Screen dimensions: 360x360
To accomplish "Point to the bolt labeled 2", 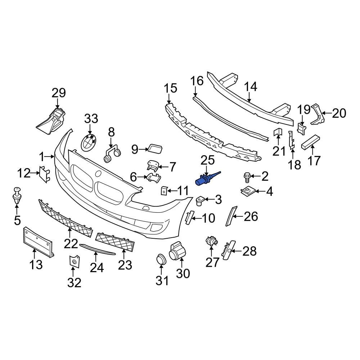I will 247,176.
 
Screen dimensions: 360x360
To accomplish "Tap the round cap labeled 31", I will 160,259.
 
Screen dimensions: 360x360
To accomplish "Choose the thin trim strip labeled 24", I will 96,249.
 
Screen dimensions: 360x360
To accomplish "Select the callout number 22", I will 71,244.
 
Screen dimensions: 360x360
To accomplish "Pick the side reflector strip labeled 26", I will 229,216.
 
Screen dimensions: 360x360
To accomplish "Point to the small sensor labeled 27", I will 211,241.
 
